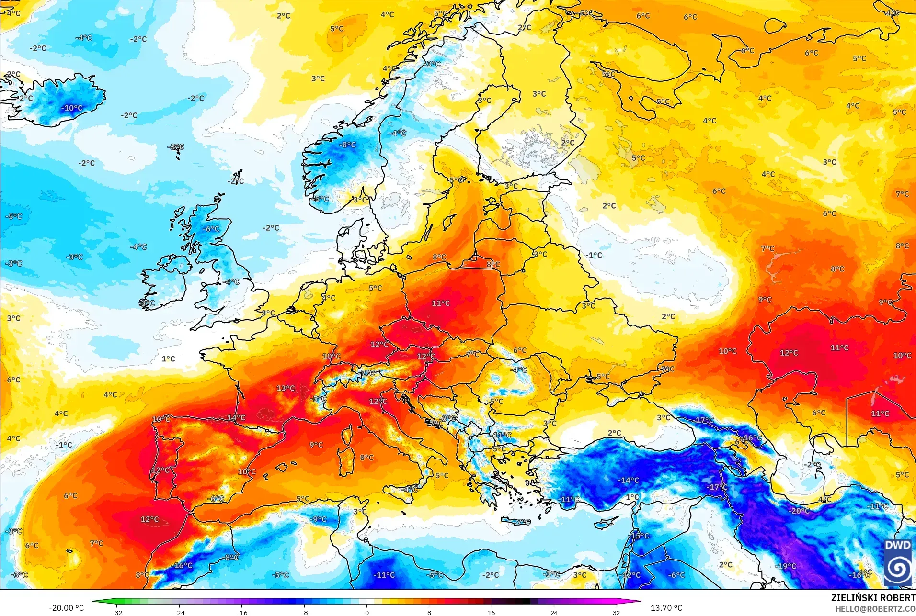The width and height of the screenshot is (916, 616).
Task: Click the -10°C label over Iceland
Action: coord(72,108)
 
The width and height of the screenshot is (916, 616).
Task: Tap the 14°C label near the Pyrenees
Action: coord(236,417)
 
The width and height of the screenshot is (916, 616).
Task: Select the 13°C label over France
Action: coord(286,388)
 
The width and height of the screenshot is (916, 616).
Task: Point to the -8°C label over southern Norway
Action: coord(348,145)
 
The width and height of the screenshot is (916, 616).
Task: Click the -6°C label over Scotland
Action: coord(211,229)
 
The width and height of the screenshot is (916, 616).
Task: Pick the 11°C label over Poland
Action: coord(441,303)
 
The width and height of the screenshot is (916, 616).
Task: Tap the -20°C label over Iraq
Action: coord(799,511)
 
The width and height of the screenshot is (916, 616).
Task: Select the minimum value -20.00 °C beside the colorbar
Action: coord(66,608)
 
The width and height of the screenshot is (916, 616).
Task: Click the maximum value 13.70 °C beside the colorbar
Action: coord(666,608)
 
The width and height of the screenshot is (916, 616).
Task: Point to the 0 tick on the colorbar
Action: coord(367,612)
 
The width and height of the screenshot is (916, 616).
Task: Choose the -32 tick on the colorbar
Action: coord(117,612)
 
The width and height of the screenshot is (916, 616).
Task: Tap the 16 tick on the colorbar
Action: coord(492,612)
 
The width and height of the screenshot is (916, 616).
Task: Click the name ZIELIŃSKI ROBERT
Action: coord(873,598)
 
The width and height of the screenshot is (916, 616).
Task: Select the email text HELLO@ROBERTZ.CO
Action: coord(876,609)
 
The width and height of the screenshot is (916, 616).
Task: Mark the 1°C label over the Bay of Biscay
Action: coord(168,358)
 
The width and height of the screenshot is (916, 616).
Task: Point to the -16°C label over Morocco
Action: coord(183,565)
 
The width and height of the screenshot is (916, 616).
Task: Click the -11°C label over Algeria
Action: coord(384,575)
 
